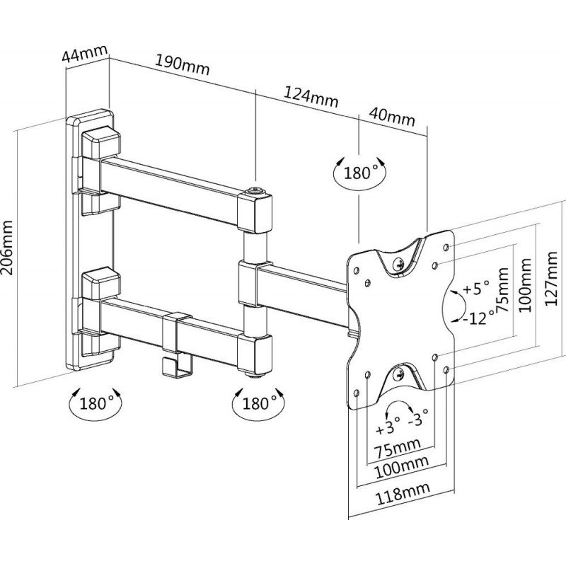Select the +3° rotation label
388,427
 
